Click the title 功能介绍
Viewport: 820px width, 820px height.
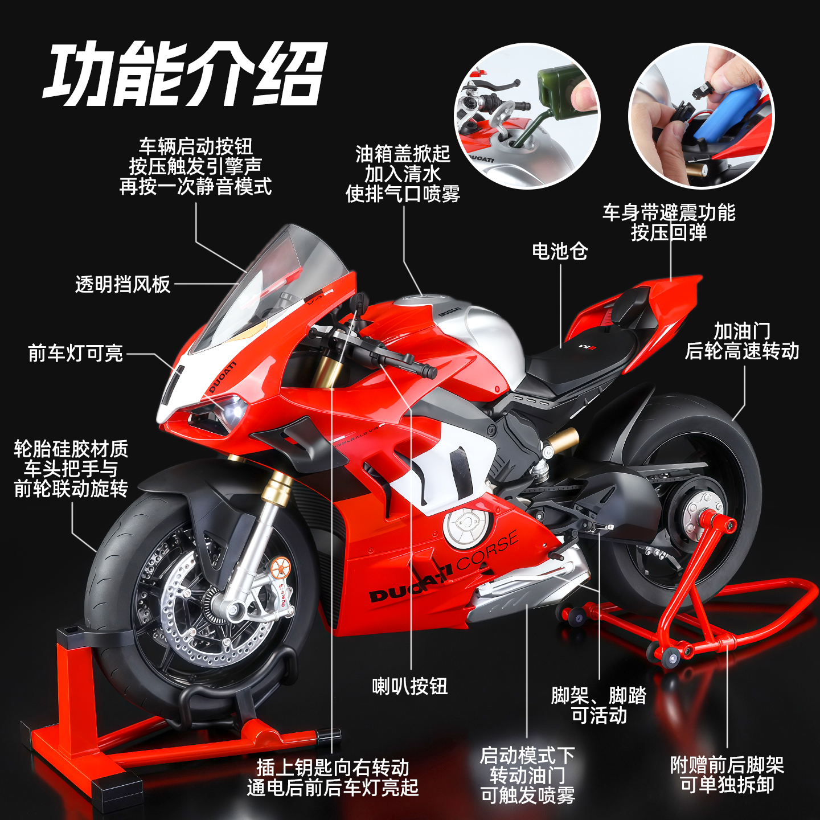pos(185,74)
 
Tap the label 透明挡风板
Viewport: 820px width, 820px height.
pos(122,284)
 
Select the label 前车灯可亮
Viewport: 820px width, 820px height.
pos(75,353)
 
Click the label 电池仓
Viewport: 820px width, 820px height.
pos(560,251)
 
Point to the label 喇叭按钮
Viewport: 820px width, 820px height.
pos(410,686)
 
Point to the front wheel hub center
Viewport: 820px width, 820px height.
pos(228,609)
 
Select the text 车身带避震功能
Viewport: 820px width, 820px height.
pos(669,212)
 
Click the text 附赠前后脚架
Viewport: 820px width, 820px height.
pos(727,765)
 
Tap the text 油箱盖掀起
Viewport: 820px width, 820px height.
pos(403,154)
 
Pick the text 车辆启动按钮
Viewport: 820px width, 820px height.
pos(195,146)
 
